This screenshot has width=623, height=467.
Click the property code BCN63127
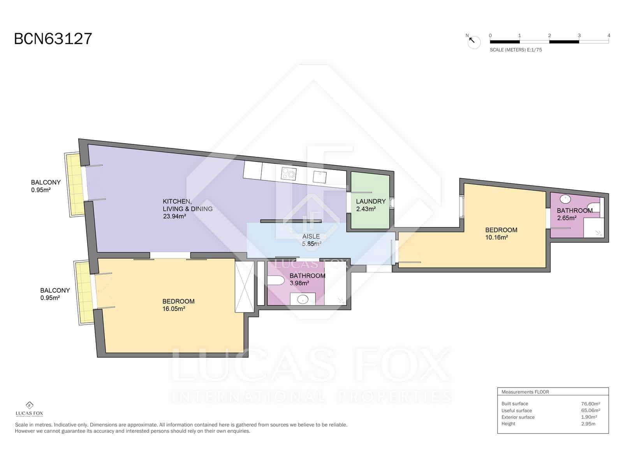(53, 39)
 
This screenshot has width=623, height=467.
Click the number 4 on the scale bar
(609, 35)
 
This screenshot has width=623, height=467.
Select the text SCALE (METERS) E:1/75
(516, 50)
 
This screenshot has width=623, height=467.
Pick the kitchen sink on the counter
(320, 177)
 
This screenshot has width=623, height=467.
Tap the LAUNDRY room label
(370, 201)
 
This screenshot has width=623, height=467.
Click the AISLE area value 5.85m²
(311, 244)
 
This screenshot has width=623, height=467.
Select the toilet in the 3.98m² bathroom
(276, 280)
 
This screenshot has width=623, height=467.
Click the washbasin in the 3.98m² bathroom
(303, 299)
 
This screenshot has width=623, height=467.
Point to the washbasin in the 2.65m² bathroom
(565, 199)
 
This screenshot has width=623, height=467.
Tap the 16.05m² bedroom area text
(173, 309)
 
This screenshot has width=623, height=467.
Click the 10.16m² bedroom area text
(496, 237)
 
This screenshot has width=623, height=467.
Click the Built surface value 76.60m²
(590, 404)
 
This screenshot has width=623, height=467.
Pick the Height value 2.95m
(588, 424)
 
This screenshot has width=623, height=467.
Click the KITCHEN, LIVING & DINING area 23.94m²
(174, 216)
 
